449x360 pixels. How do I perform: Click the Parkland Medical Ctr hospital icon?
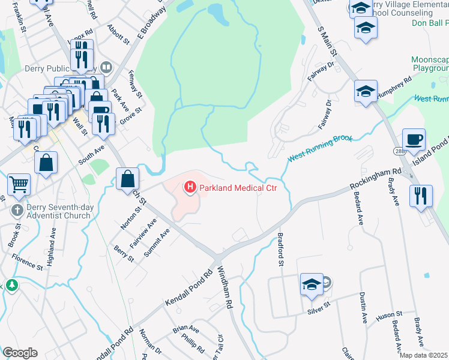pyautogui.click(x=190, y=188)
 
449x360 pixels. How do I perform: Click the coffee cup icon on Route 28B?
pyautogui.click(x=414, y=140)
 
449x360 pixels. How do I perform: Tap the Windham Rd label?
pyautogui.click(x=225, y=287)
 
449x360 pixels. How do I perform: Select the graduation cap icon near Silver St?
pyautogui.click(x=312, y=284)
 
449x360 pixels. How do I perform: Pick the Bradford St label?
pyautogui.click(x=280, y=249)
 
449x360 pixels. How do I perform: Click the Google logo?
pyautogui.click(x=20, y=353)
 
